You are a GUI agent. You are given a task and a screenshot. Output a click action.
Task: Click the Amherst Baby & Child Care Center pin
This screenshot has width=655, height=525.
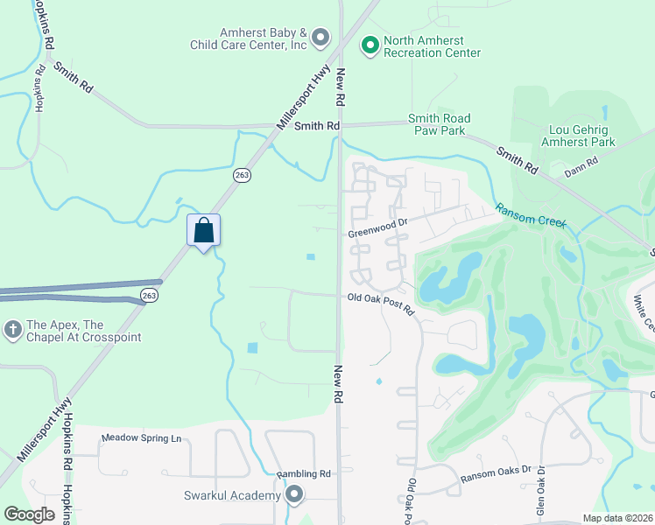tap(320, 37)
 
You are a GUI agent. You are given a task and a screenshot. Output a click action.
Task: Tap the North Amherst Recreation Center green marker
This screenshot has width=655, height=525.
tap(370, 43)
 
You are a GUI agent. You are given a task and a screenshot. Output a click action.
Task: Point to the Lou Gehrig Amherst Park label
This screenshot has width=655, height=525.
tap(578, 135)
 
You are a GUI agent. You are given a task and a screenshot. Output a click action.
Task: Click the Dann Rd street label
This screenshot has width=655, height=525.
tap(581, 162)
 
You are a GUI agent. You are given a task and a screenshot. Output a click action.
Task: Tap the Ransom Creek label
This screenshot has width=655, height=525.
tap(531, 215)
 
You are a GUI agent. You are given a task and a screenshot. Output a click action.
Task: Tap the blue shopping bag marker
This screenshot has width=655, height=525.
tap(203, 231)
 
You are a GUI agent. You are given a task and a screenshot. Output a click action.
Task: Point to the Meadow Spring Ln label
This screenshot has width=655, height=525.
tap(141, 437)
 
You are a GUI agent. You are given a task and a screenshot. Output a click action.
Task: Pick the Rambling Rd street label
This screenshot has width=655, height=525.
tap(303, 474)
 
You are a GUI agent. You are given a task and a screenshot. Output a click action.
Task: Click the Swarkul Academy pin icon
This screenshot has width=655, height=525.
tap(294, 495)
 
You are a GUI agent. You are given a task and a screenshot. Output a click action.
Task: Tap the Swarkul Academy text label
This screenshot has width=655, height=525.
tap(232, 495)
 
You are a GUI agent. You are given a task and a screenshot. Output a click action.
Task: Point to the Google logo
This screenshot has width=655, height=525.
tap(29, 514)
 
